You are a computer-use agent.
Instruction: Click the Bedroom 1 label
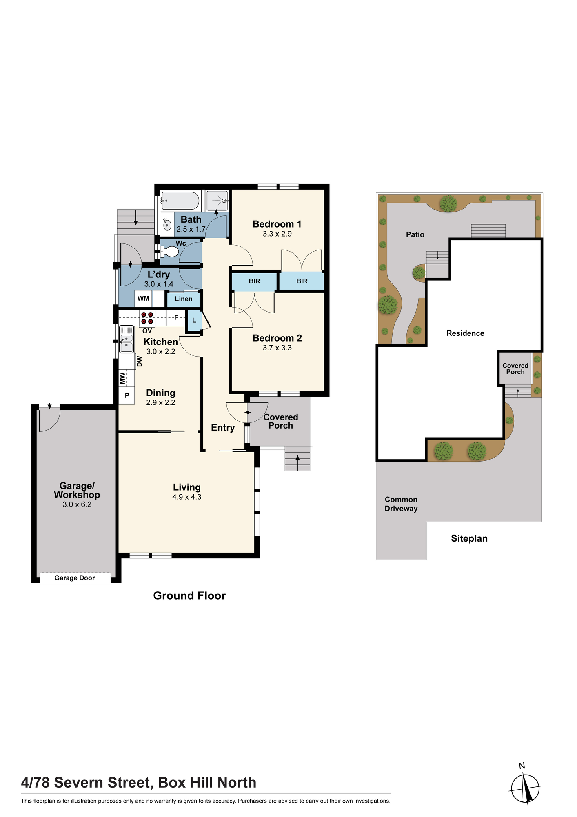click(x=277, y=224)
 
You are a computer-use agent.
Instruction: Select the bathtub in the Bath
click(x=180, y=201)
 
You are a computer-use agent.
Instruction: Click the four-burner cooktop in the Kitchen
click(x=147, y=318)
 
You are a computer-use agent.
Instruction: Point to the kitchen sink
click(x=126, y=339)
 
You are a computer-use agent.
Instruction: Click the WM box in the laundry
click(x=143, y=299)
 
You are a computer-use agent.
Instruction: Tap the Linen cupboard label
click(x=184, y=299)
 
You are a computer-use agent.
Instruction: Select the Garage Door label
click(x=75, y=578)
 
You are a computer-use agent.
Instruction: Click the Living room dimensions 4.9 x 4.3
click(x=187, y=497)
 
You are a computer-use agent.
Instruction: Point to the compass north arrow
click(x=526, y=787)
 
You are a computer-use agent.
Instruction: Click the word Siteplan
click(x=469, y=538)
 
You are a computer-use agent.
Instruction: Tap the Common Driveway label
click(x=401, y=504)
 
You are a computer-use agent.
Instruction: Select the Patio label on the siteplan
click(x=415, y=234)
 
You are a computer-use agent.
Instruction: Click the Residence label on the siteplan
click(x=465, y=333)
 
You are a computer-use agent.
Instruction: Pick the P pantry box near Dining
click(x=127, y=395)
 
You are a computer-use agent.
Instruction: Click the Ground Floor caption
click(x=189, y=596)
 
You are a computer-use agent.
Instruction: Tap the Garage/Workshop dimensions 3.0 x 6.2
click(x=77, y=504)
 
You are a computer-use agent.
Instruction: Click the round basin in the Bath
click(x=167, y=224)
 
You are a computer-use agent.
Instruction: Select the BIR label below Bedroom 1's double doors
click(x=302, y=281)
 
